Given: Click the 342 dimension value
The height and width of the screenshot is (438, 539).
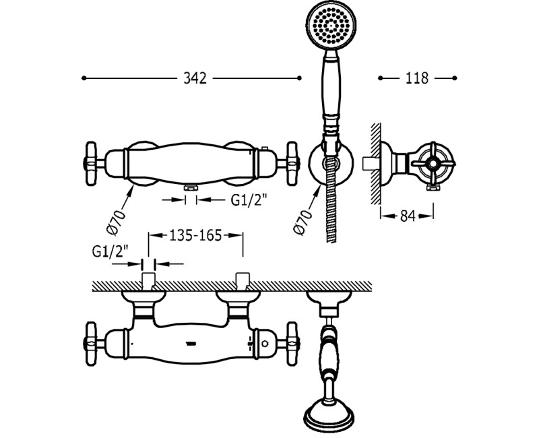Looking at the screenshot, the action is coord(195,78).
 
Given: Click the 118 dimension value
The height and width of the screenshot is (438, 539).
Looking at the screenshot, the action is coord(417,78).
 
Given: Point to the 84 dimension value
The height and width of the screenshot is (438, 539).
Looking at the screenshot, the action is coord(408,216).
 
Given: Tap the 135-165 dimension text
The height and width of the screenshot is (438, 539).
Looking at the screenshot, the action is coord(195,235).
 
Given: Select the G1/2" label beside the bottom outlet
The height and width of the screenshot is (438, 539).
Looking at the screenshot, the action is coord(249,199).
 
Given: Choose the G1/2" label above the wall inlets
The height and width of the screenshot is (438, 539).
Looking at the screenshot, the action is coord(110,251).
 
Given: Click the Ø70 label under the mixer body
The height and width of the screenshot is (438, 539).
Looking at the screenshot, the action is coord(117,222).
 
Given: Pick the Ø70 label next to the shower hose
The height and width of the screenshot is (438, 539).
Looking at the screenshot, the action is coord(304,222).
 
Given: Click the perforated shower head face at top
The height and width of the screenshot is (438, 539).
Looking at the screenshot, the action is coord(331,26).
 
